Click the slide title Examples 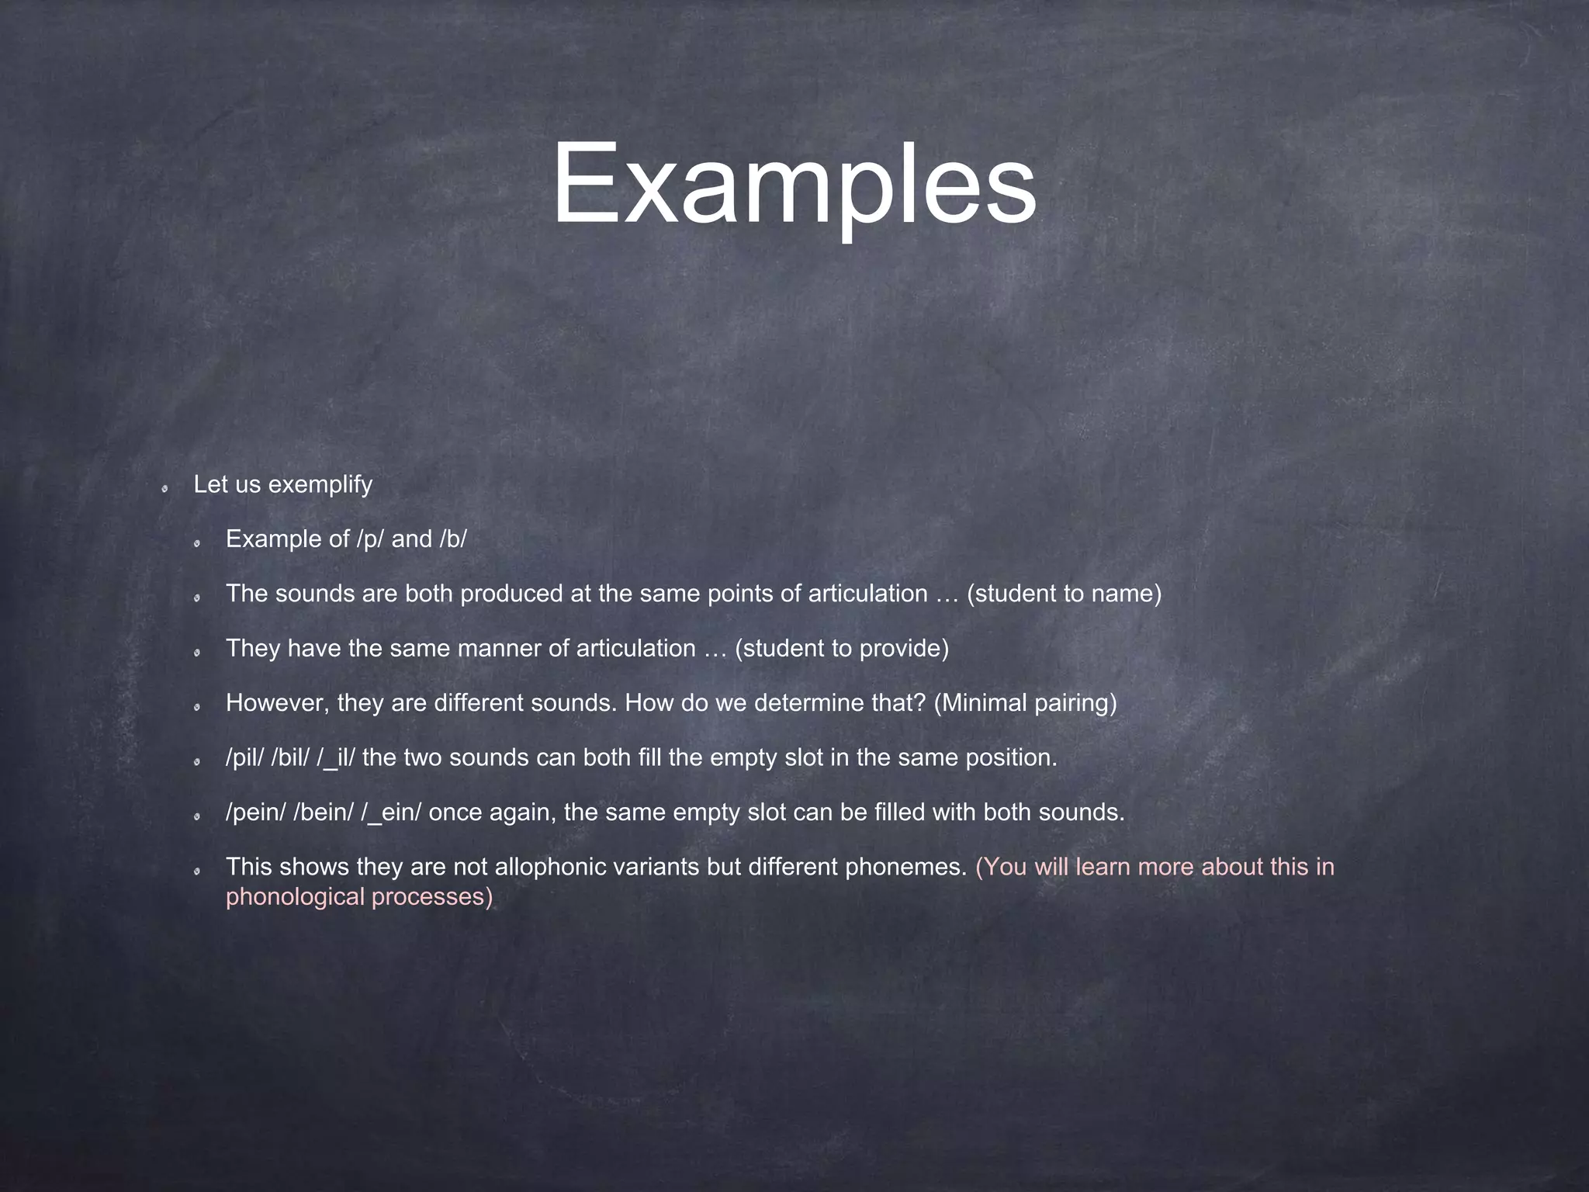(794, 186)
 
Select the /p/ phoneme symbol (370, 539)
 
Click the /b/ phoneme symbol (453, 539)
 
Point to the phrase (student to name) (1064, 594)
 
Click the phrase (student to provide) (842, 649)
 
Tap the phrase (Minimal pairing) (1025, 703)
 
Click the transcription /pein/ (255, 813)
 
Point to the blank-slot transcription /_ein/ (391, 813)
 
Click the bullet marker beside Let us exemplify (165, 488)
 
